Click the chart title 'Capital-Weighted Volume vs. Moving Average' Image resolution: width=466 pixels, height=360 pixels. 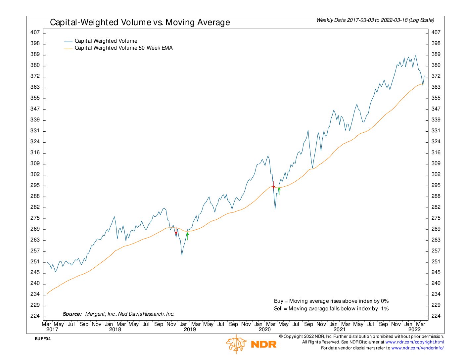(140, 22)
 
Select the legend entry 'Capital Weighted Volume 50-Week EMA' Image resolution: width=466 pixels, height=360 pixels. (123, 48)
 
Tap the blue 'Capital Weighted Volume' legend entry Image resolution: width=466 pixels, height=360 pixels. (106, 41)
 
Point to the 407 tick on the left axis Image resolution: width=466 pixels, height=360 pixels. (35, 32)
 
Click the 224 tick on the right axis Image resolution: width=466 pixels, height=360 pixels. (436, 316)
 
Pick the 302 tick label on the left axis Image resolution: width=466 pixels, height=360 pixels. (35, 174)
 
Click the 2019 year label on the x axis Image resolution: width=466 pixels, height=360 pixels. (190, 330)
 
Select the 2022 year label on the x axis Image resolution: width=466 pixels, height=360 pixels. (414, 330)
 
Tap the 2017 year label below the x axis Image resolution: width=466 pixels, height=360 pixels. (52, 330)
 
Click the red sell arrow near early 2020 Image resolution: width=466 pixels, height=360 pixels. (273, 185)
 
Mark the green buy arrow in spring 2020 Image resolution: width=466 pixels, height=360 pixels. (279, 191)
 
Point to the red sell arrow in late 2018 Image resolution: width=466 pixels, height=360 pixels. (176, 231)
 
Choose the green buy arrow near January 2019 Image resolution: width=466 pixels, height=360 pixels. (188, 236)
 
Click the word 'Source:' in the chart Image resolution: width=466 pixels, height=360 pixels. (72, 314)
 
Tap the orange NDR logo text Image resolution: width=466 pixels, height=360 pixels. (264, 344)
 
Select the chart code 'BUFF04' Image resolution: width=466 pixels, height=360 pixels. (43, 339)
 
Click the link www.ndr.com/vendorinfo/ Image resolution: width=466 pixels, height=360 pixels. (417, 348)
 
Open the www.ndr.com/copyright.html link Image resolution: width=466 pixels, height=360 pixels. (415, 342)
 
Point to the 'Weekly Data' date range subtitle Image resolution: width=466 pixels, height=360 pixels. (375, 20)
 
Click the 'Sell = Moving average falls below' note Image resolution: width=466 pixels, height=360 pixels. (331, 309)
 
